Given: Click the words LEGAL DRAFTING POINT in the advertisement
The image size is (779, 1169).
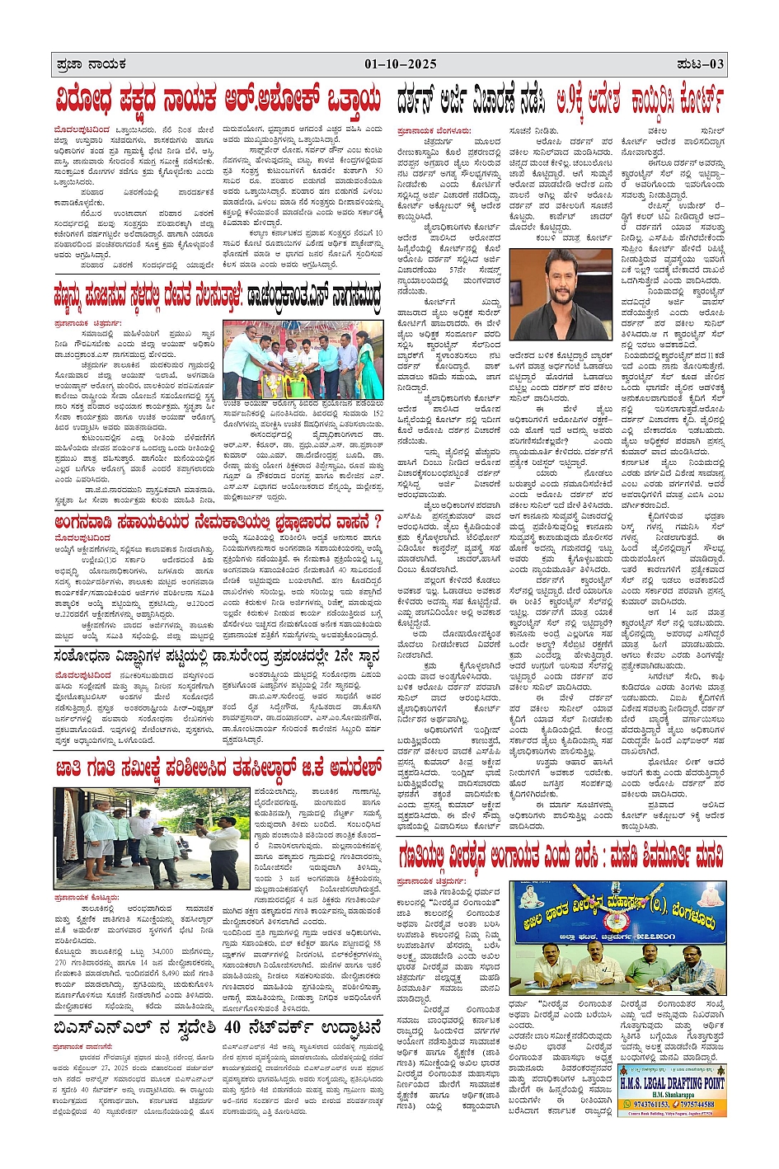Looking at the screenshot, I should click(683, 1082).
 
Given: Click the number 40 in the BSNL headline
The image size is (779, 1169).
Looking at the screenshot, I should click(233, 1027).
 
